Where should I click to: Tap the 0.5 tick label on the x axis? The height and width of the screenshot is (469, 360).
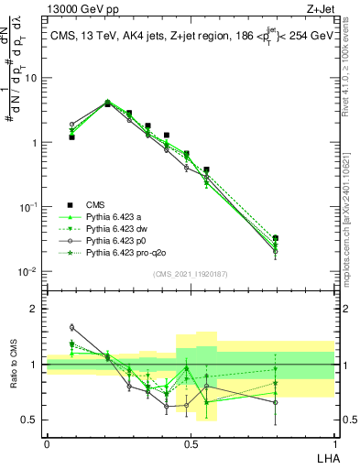[x=191, y=444]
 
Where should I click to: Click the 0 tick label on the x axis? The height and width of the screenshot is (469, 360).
[x=47, y=444]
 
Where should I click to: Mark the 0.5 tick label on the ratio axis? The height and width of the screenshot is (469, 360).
[x=29, y=420]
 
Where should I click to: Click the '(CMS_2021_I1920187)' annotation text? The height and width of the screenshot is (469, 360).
[x=191, y=274]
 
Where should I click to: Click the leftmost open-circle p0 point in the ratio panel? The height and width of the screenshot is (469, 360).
[x=71, y=327]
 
